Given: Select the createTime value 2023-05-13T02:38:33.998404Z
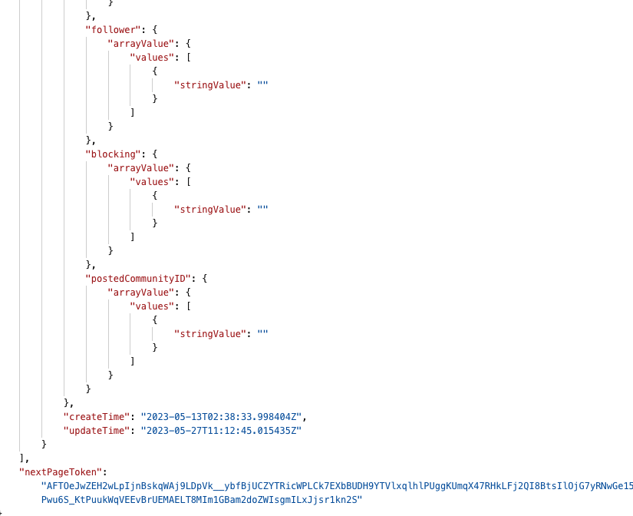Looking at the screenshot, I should pos(223,416).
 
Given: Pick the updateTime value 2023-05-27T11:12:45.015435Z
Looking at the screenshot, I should pos(221,431).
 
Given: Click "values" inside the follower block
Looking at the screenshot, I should pos(151,57).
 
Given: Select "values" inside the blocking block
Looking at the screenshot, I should pos(151,181).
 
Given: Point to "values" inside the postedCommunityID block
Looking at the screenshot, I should pos(151,306).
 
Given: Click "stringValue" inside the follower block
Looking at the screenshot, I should pos(209,84).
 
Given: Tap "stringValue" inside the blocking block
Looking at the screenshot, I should pos(209,209).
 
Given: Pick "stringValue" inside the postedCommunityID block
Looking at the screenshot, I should pos(209,333).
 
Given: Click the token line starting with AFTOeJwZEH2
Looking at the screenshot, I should pos(338,486).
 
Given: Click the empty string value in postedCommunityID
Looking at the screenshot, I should pos(262,333).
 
